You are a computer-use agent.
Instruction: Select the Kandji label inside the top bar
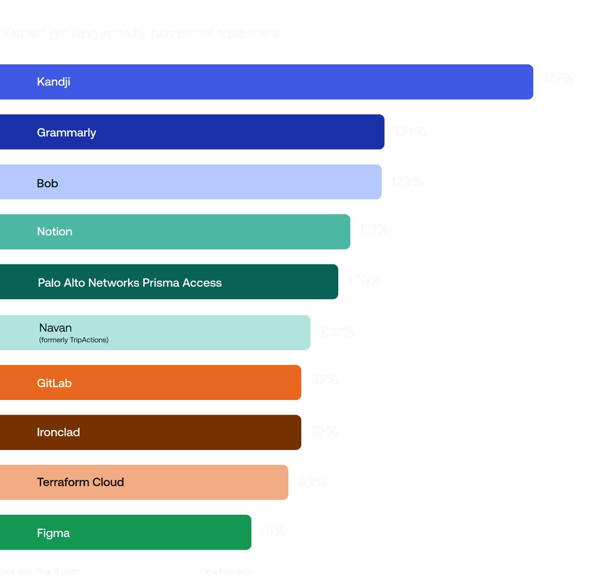(x=54, y=82)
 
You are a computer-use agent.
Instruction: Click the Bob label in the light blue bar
(x=48, y=184)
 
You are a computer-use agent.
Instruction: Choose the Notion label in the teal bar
(x=55, y=232)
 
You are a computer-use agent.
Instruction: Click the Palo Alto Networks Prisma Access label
(x=130, y=283)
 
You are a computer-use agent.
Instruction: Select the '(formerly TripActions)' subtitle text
(x=74, y=340)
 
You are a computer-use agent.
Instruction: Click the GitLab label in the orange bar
(x=54, y=383)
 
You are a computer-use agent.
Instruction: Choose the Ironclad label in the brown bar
(x=58, y=432)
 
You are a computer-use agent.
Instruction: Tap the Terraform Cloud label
(x=80, y=482)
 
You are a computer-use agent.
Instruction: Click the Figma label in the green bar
(x=53, y=533)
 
